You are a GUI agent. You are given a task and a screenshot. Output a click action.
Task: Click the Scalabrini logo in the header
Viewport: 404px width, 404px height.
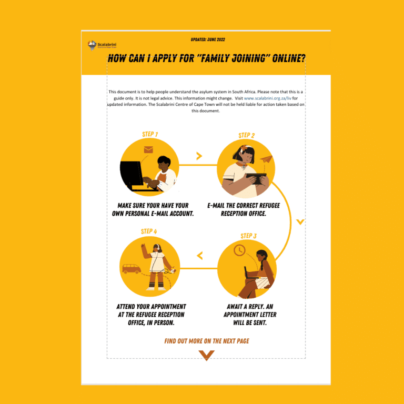pos(102,45)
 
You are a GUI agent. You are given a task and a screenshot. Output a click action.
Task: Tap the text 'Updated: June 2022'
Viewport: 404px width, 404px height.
pos(208,39)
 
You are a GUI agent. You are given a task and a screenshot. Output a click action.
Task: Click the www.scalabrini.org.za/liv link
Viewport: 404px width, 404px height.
pos(267,98)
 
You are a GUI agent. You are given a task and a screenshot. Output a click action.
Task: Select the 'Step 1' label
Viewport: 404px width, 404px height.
pos(150,134)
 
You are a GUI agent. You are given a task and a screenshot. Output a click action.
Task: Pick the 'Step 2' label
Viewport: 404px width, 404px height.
pos(246,136)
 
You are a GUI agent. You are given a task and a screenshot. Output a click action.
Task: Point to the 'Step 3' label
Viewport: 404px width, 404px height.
pos(248,236)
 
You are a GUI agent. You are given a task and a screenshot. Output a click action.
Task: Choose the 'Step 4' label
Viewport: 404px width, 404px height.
pos(149,231)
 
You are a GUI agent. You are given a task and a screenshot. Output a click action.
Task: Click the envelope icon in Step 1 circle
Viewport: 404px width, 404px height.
pos(148,149)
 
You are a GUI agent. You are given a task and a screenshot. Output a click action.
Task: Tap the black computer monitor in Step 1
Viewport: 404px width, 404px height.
pos(132,174)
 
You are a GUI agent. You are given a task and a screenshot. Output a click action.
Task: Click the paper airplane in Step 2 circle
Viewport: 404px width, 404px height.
pos(267,159)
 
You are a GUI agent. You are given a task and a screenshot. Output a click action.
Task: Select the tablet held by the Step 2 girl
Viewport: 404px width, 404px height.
pos(256,178)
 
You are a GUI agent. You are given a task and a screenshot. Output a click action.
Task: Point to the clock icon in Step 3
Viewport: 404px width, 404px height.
pos(239,250)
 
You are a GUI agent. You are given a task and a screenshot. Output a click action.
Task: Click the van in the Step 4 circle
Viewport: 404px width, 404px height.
pos(132,268)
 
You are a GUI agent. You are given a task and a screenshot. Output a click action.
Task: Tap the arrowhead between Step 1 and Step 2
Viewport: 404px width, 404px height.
pos(199,156)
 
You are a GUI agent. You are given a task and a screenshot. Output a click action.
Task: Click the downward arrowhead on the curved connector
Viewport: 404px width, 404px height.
pos(300,222)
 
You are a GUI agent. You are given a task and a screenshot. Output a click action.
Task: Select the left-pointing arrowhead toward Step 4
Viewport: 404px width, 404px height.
pos(200,256)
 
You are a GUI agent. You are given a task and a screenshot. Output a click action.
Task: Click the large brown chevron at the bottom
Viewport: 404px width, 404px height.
pos(206,355)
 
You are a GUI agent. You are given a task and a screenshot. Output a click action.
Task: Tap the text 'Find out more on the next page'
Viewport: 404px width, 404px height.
pos(207,341)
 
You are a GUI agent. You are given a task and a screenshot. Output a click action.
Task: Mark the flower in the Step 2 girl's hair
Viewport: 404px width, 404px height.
pos(244,148)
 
